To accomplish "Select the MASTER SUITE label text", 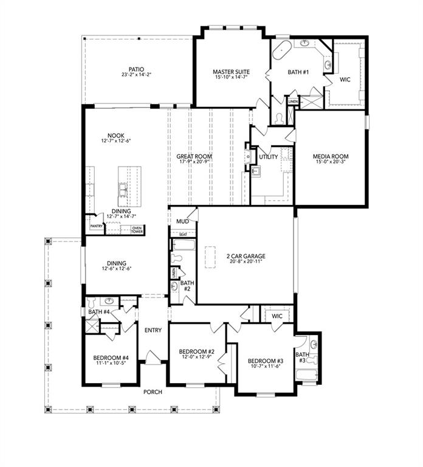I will pos(231,72).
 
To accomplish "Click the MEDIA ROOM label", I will pos(331,156).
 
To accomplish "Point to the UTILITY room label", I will pos(268,157).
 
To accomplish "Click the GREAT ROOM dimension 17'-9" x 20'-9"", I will pos(194,163).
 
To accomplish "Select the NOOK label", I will pos(116,136).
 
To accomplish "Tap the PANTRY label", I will pos(96,226).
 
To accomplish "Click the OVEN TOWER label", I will pos(137,229).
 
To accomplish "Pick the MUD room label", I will pos(182,221).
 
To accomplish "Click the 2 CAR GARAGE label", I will pos(246,256).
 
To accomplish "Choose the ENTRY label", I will pos(153,330).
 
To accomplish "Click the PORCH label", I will pos(153,392).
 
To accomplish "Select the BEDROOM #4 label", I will pos(111,358).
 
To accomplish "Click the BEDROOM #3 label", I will pos(266,359).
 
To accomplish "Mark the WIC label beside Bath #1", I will pos(345,79).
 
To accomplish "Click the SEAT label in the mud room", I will pos(182,233).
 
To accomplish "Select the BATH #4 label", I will pos(98,312).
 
